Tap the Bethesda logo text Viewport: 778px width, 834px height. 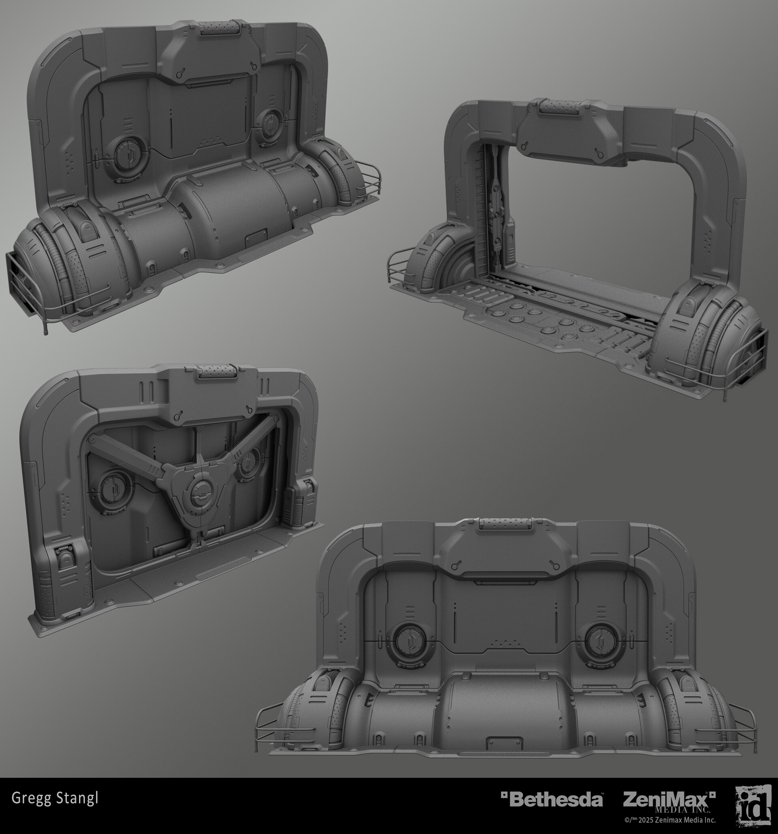pyautogui.click(x=552, y=799)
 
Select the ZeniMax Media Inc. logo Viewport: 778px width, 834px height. pyautogui.click(x=669, y=802)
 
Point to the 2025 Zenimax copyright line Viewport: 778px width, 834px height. pyautogui.click(x=670, y=820)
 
